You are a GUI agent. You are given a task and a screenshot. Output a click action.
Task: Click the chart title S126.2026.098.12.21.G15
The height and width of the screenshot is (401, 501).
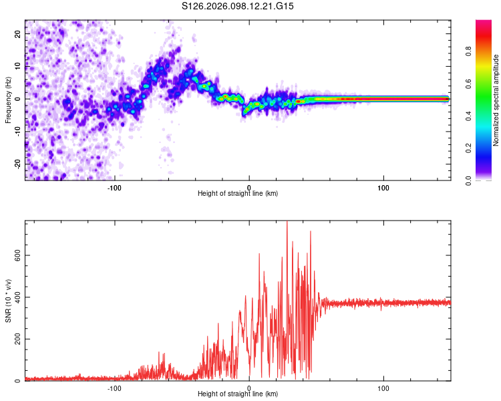point(238,6)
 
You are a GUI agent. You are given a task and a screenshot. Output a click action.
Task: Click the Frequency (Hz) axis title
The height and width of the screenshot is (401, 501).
point(8,99)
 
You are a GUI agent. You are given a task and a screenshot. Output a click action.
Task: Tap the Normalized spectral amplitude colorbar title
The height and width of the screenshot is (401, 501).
point(496,100)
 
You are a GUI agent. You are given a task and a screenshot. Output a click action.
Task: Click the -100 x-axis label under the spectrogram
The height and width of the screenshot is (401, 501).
point(115,188)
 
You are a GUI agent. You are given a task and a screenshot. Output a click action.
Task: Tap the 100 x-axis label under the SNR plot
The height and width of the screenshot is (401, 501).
point(383,388)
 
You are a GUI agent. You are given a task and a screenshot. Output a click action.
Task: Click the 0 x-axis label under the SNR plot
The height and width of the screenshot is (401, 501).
point(249,388)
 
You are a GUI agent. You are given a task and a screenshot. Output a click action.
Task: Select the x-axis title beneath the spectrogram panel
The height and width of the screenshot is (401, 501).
point(238,194)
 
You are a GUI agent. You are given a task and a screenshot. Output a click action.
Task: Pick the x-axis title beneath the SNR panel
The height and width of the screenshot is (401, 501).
point(238,395)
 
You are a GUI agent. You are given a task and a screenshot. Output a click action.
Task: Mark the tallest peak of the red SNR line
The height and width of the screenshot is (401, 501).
point(287,223)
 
